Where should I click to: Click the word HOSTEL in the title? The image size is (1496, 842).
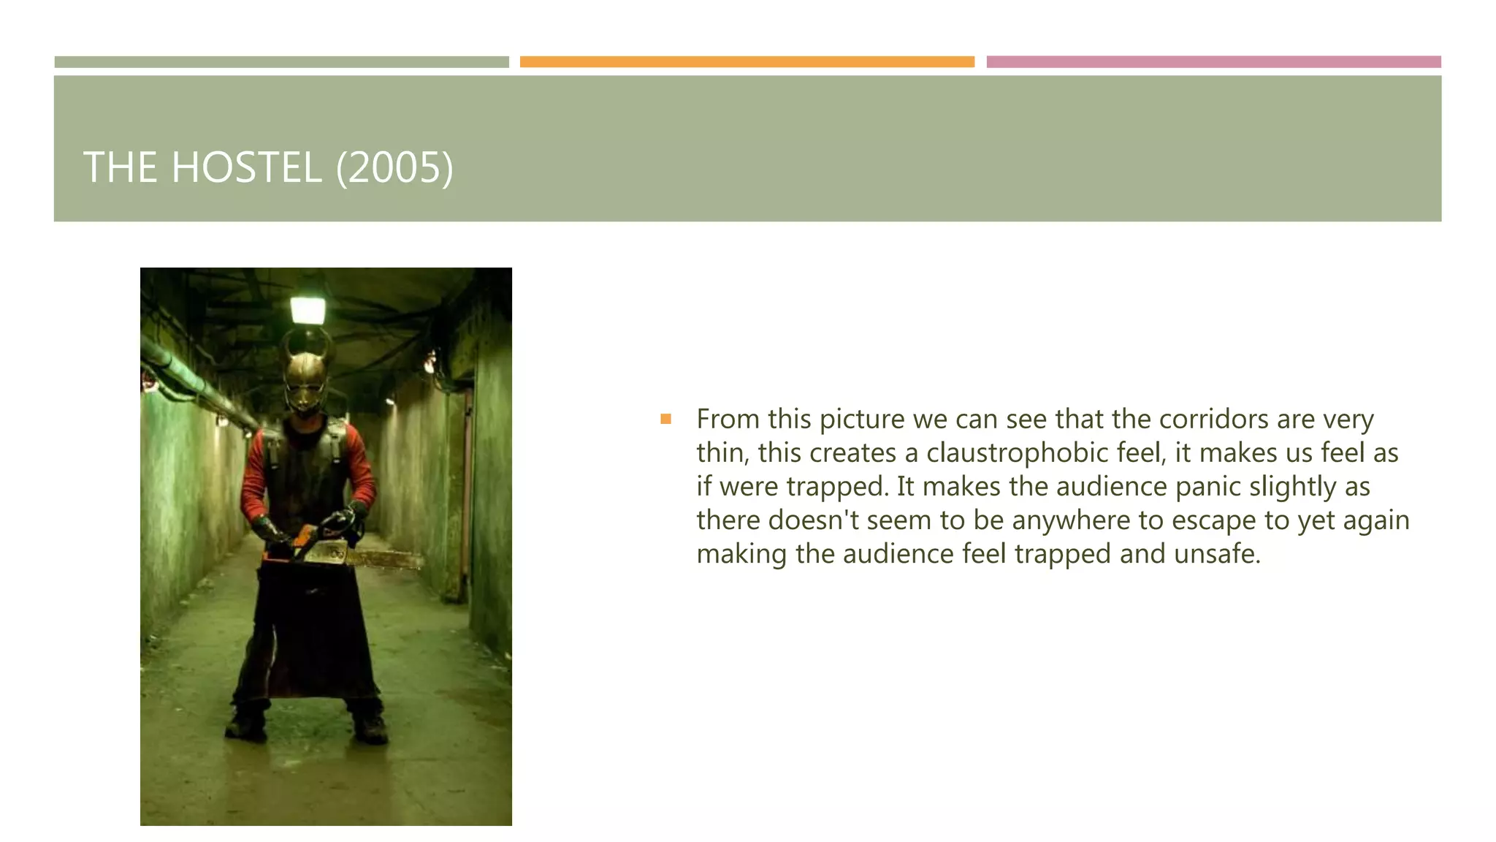click(x=246, y=167)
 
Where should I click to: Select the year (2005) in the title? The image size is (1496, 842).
click(x=394, y=167)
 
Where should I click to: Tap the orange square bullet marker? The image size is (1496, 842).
click(x=665, y=419)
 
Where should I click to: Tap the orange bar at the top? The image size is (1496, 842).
click(x=747, y=62)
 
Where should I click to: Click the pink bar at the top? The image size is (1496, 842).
click(x=1213, y=62)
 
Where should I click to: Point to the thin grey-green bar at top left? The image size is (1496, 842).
click(x=281, y=62)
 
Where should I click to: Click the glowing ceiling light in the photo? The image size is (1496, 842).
click(x=308, y=310)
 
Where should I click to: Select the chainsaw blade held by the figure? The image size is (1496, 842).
click(x=383, y=558)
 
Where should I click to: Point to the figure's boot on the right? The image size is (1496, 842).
click(x=370, y=727)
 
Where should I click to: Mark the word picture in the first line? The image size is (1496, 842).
click(x=862, y=420)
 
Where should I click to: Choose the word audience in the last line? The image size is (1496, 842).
click(x=898, y=554)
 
